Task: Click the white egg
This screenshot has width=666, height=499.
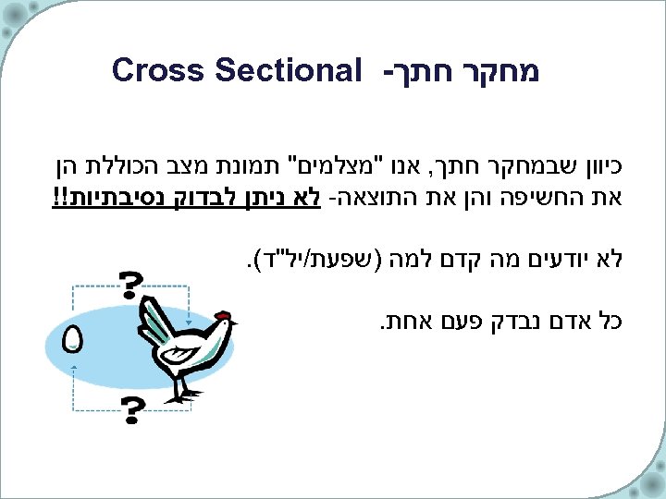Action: pyautogui.click(x=73, y=340)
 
